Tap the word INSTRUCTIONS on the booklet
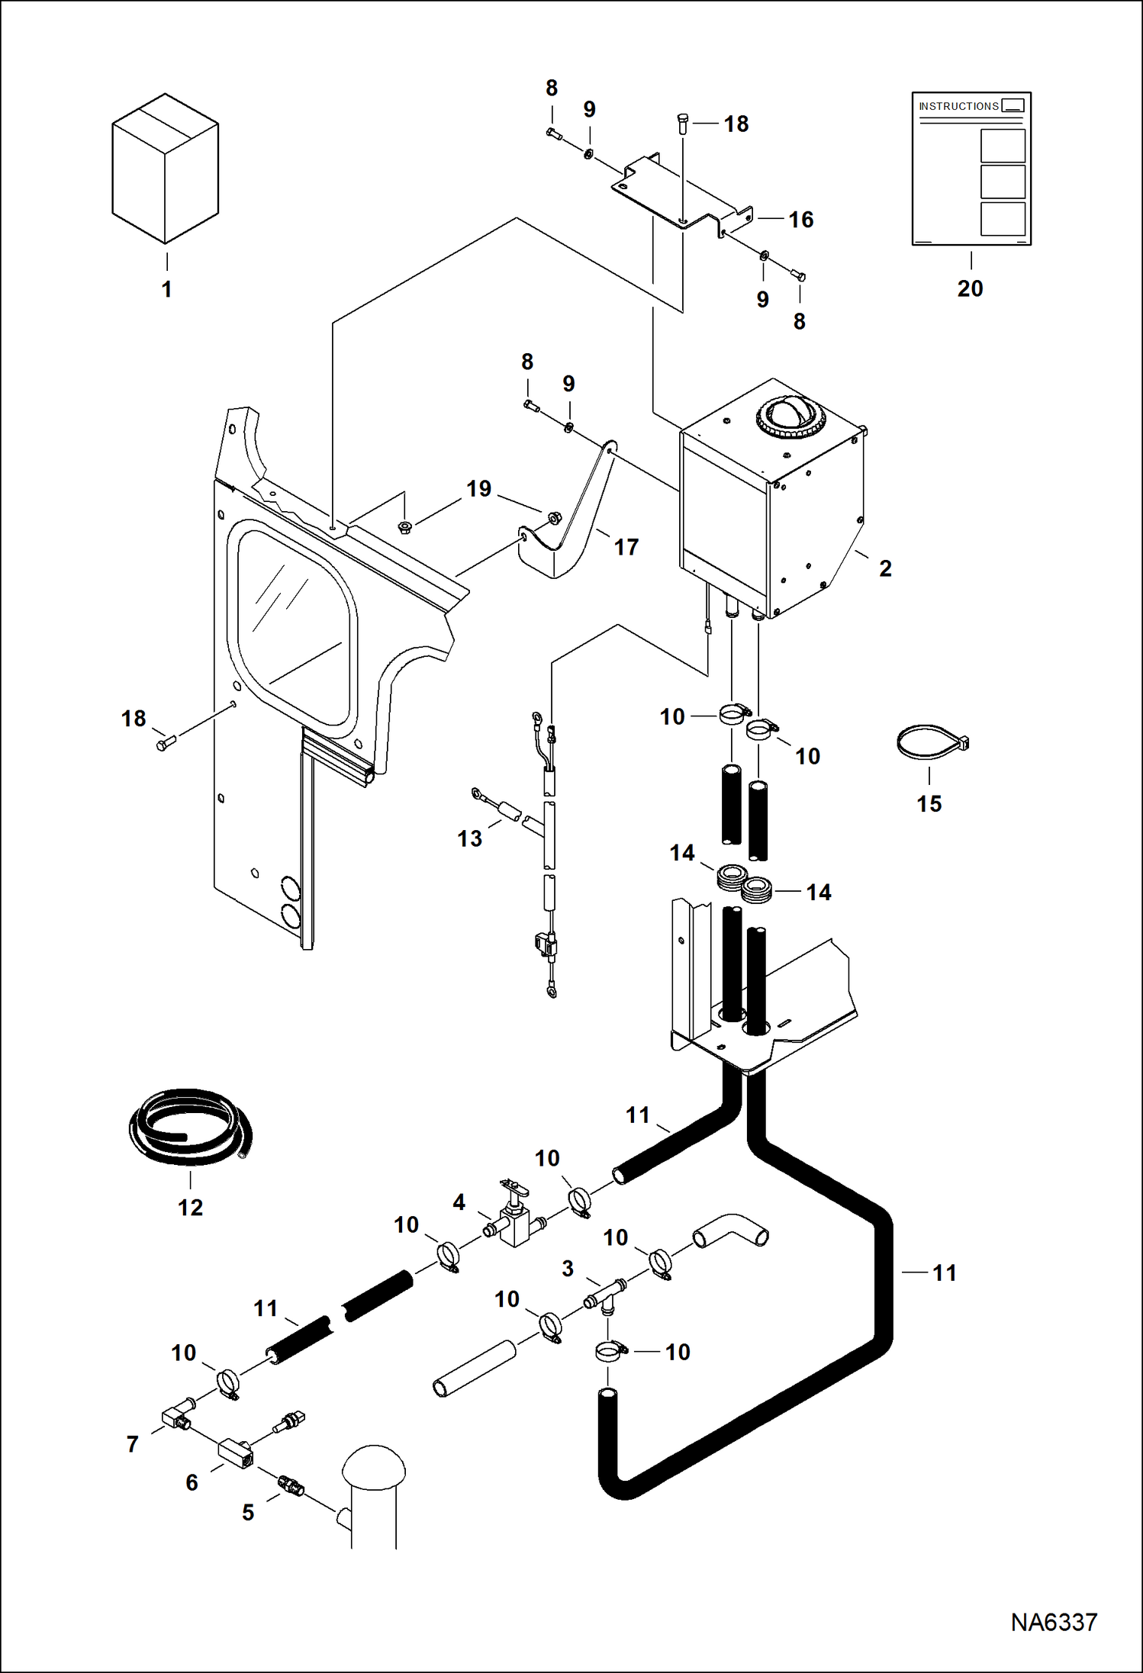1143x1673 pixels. (x=958, y=106)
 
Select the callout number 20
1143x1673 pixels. (x=970, y=289)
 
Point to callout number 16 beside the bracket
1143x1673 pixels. (x=800, y=220)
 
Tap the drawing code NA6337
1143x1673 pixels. (x=1054, y=1622)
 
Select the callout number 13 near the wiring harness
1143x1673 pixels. (x=469, y=839)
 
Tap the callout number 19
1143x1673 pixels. (x=478, y=489)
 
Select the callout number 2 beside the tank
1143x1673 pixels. (x=885, y=568)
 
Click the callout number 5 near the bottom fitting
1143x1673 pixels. (x=248, y=1513)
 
